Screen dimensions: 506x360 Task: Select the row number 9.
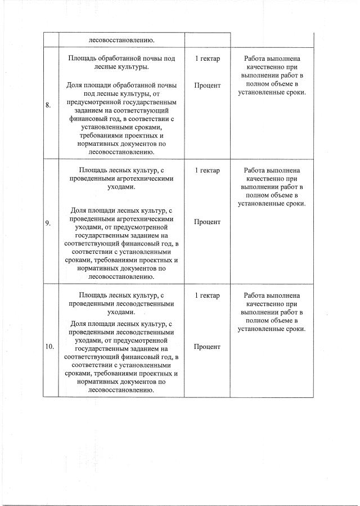tap(48, 222)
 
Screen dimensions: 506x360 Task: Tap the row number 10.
tap(49, 347)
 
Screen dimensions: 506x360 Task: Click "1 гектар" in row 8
tap(207, 59)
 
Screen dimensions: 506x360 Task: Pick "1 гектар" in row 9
tap(207, 170)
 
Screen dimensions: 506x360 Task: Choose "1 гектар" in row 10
tap(207, 295)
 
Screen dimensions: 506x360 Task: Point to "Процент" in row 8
tap(207, 86)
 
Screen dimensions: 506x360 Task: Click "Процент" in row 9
tap(207, 222)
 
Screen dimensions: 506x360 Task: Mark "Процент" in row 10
tap(207, 347)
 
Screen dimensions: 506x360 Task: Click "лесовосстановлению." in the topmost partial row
tap(121, 40)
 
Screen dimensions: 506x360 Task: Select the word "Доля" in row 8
tap(75, 86)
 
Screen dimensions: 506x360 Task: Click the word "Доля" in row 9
tap(78, 211)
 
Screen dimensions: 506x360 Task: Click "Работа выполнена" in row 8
tap(272, 59)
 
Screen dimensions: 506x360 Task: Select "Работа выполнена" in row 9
tap(272, 170)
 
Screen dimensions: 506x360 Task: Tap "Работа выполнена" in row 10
tap(272, 295)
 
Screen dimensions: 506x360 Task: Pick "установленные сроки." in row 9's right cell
tap(272, 203)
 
